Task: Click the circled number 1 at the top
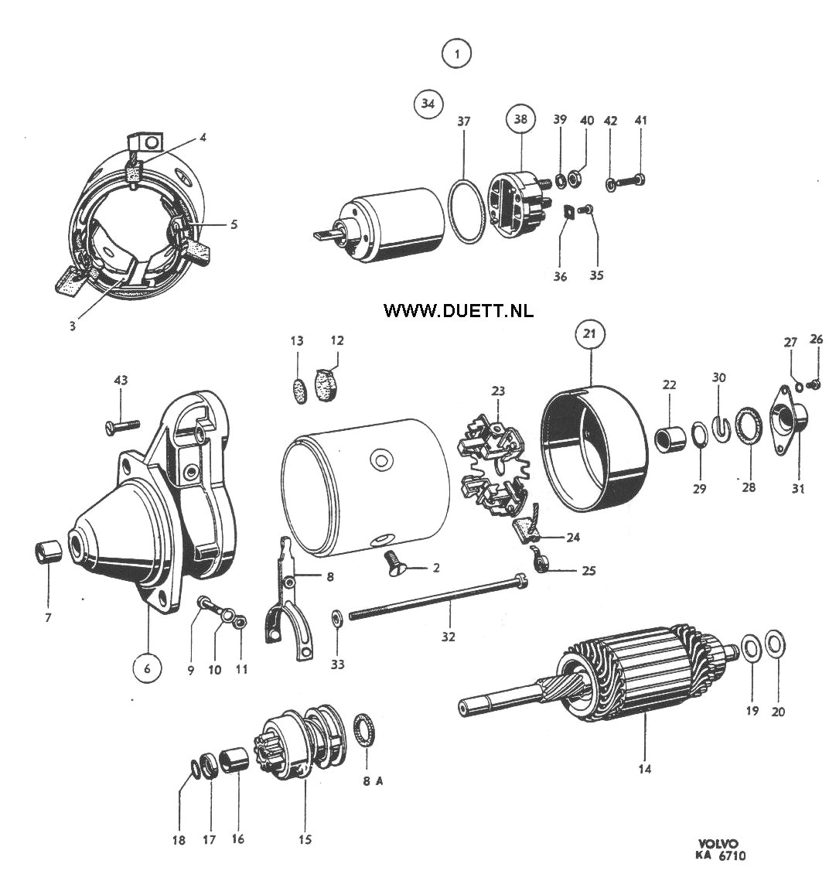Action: click(x=456, y=54)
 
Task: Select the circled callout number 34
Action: click(x=428, y=104)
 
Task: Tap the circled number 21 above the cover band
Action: click(x=589, y=333)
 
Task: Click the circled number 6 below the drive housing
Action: click(x=147, y=668)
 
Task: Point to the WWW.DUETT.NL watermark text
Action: click(x=459, y=311)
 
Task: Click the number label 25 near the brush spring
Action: click(x=588, y=571)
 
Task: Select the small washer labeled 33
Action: click(x=336, y=617)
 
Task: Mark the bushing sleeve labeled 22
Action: click(x=670, y=437)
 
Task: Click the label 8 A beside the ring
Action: click(x=373, y=781)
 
